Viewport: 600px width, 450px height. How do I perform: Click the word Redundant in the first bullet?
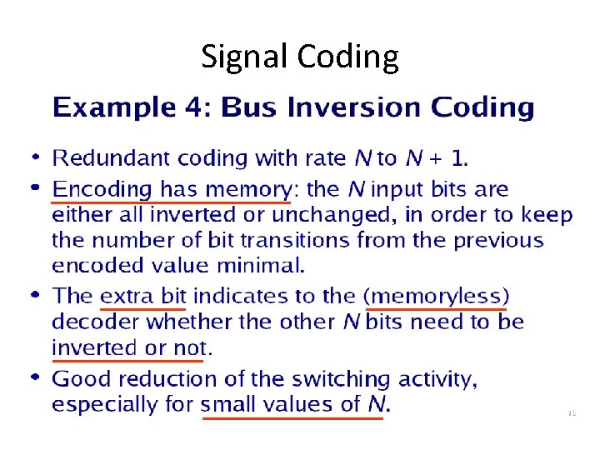pos(105,157)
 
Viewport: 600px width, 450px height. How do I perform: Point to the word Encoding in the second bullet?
pos(100,190)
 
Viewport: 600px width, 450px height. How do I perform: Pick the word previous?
pos(497,241)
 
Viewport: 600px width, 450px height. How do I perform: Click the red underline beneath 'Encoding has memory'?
pos(171,202)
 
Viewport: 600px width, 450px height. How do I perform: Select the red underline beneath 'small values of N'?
pos(293,418)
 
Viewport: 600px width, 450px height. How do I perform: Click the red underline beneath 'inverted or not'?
pos(127,361)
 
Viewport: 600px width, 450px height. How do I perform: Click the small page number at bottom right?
pos(571,412)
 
